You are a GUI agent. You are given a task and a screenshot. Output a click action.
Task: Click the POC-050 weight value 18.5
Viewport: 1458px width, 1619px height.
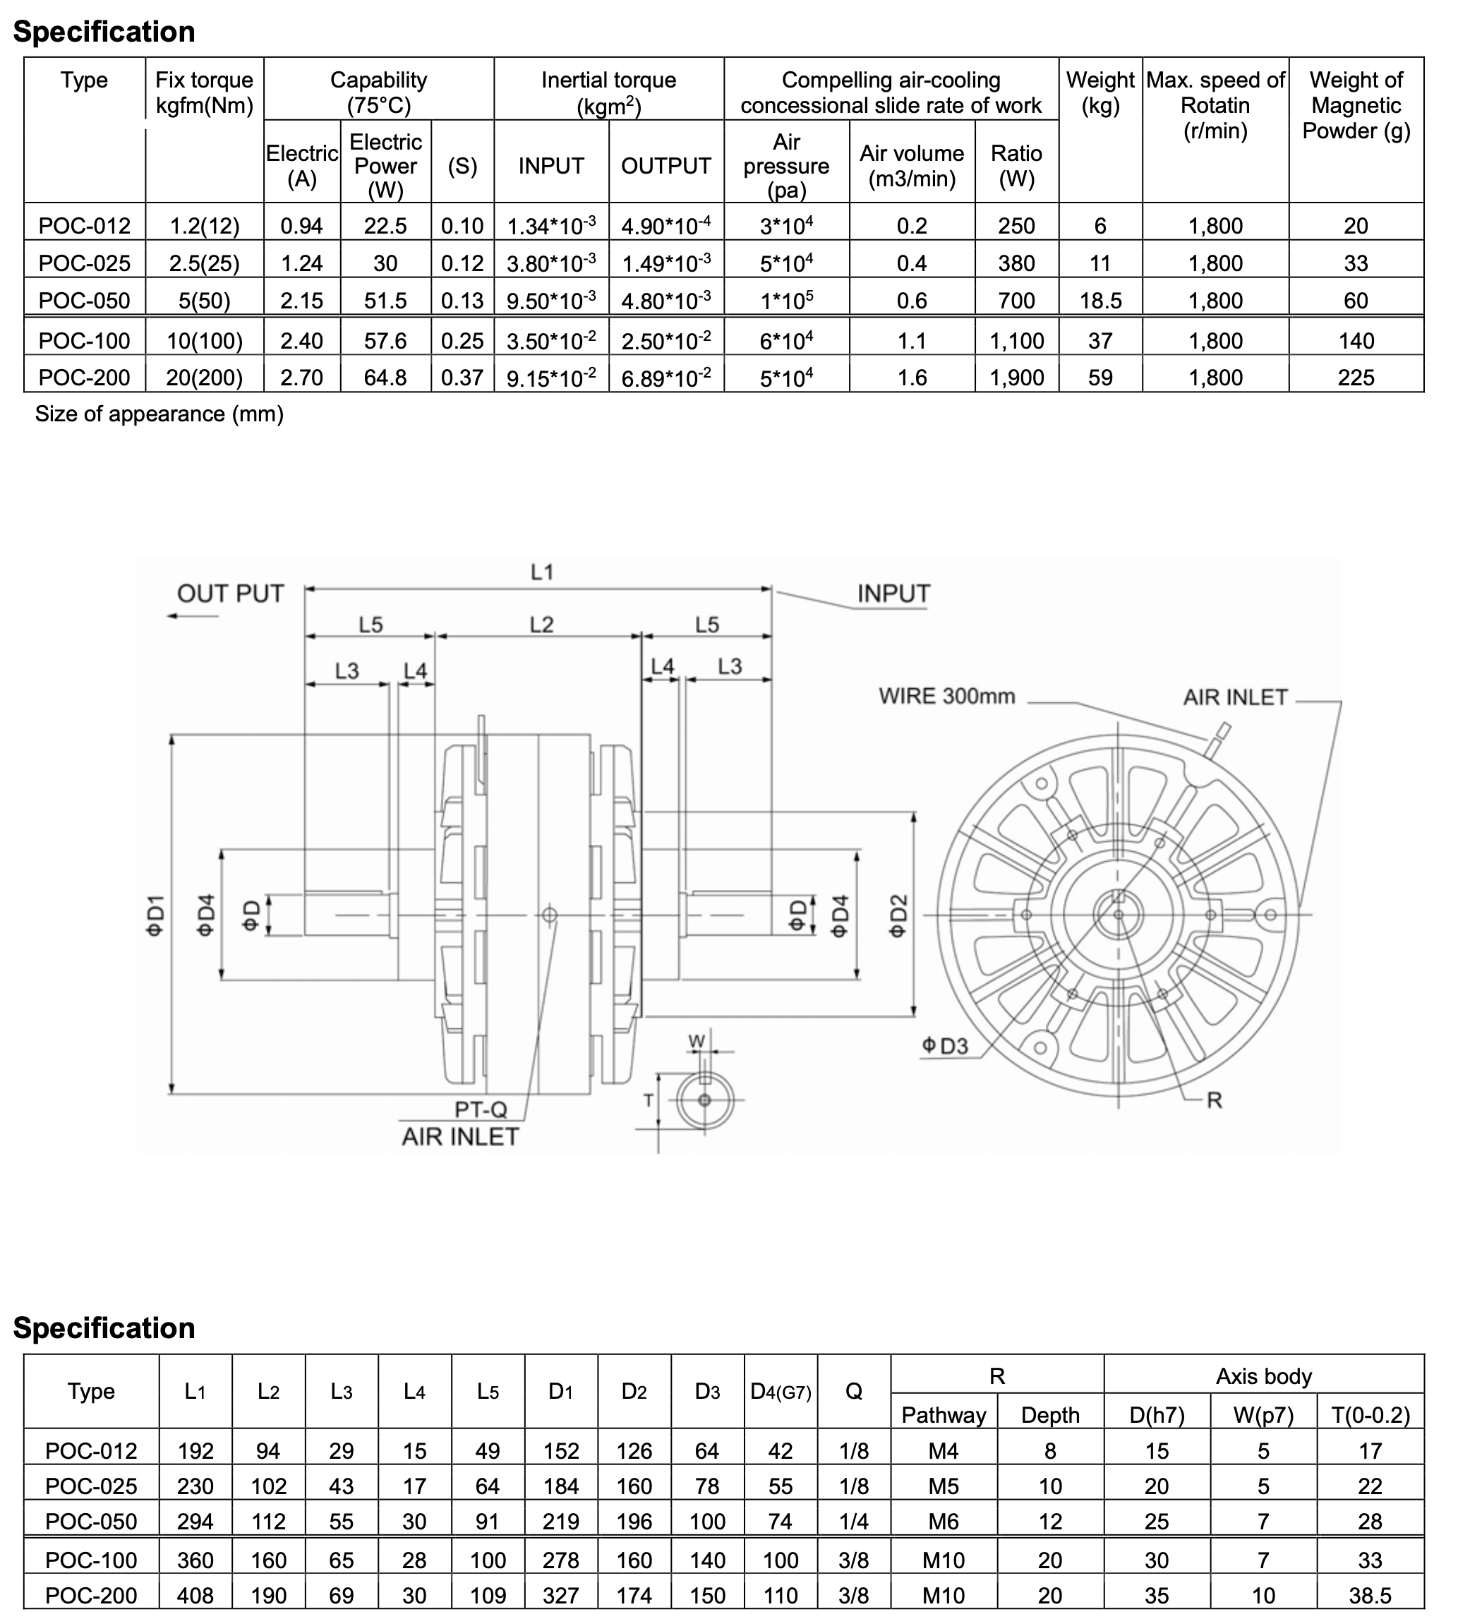[1100, 301]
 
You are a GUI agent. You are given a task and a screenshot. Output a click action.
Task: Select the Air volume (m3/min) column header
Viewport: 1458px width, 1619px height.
[912, 166]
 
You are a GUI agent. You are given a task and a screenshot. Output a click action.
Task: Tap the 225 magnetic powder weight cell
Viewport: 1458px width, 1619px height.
[1356, 378]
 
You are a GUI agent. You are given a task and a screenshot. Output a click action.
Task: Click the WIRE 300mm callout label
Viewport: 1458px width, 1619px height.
[946, 695]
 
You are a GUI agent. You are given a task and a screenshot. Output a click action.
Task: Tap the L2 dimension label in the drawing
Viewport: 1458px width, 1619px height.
[541, 625]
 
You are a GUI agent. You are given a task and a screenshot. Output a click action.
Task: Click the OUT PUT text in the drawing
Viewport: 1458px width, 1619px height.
[230, 594]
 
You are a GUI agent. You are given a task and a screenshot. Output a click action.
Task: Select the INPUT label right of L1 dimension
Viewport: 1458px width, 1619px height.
[893, 594]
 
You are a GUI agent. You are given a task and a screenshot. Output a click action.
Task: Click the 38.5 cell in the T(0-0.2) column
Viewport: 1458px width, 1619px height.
[1370, 1595]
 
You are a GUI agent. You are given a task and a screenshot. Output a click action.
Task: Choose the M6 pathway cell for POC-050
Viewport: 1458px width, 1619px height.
[943, 1522]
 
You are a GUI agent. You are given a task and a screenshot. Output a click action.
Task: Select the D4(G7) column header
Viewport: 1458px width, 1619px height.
[781, 1392]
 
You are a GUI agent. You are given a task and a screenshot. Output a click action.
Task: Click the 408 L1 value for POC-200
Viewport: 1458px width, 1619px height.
[195, 1595]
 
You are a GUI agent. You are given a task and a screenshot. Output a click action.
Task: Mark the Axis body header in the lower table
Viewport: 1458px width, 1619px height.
[1263, 1376]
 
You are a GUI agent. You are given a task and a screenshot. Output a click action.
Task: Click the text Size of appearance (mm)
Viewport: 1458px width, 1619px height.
[159, 414]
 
